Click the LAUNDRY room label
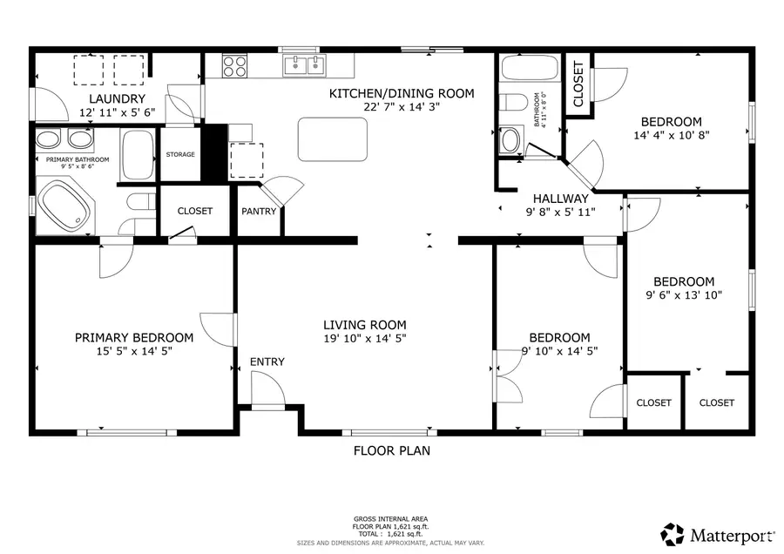click(117, 98)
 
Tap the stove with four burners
click(235, 66)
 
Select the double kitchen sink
click(304, 65)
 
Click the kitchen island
click(333, 139)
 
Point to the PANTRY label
click(259, 211)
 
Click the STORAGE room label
click(180, 154)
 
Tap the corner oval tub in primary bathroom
click(65, 206)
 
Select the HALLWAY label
click(560, 199)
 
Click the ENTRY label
click(267, 361)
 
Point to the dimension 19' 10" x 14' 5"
click(365, 339)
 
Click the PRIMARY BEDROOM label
click(134, 337)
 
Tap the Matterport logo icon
click(672, 534)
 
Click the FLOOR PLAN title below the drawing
click(391, 450)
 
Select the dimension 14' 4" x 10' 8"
click(672, 135)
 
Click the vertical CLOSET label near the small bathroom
click(578, 84)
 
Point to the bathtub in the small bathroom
click(530, 67)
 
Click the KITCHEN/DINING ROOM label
click(402, 93)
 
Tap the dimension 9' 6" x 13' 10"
click(684, 295)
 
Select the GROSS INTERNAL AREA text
click(390, 519)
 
